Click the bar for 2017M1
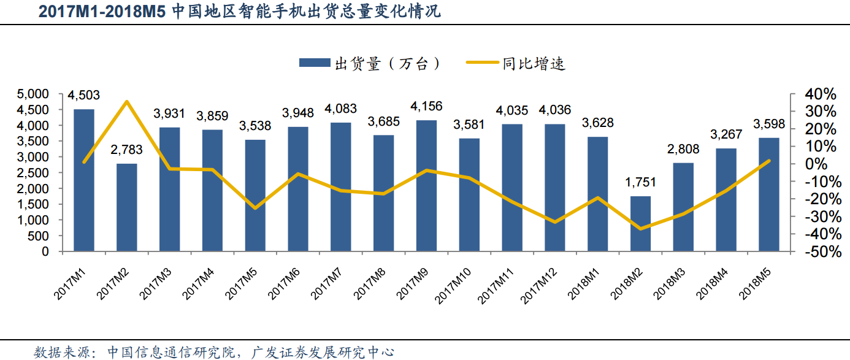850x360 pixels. pos(84,180)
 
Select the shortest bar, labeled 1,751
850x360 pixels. pos(640,224)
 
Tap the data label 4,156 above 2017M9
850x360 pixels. pos(426,106)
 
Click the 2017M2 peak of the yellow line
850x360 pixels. pos(126,102)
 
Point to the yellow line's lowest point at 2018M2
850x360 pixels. pos(641,229)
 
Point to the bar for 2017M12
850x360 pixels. pos(555,188)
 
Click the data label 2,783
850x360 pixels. pos(126,150)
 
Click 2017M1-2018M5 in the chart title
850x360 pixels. pos(102,12)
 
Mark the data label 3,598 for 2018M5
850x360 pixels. pos(769,123)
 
